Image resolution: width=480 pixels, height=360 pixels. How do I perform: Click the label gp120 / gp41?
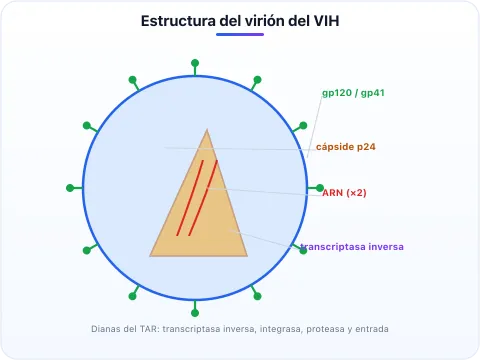353,93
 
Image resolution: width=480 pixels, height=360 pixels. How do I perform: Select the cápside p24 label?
346,147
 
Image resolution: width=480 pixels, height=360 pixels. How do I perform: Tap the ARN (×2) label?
344,193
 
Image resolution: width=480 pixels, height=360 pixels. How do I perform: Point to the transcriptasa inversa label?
352,247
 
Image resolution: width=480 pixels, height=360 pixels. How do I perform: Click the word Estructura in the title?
178,21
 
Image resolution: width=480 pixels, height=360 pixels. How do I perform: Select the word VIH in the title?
327,21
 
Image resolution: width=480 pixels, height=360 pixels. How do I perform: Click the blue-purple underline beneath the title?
240,34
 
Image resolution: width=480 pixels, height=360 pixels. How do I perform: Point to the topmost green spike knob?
195,63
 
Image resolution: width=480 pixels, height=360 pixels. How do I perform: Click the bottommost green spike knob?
195,313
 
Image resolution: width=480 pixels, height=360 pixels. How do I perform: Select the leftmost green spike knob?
70,188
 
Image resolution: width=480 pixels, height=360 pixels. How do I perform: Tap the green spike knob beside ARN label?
320,188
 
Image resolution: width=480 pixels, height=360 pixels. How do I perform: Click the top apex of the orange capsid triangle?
207,129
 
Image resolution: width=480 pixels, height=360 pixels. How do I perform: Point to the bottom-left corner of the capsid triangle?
150,256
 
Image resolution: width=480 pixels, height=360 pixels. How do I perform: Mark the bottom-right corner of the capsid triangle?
247,256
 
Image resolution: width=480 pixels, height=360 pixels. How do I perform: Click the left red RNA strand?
190,198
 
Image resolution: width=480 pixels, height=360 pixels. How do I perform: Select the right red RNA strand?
203,198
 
